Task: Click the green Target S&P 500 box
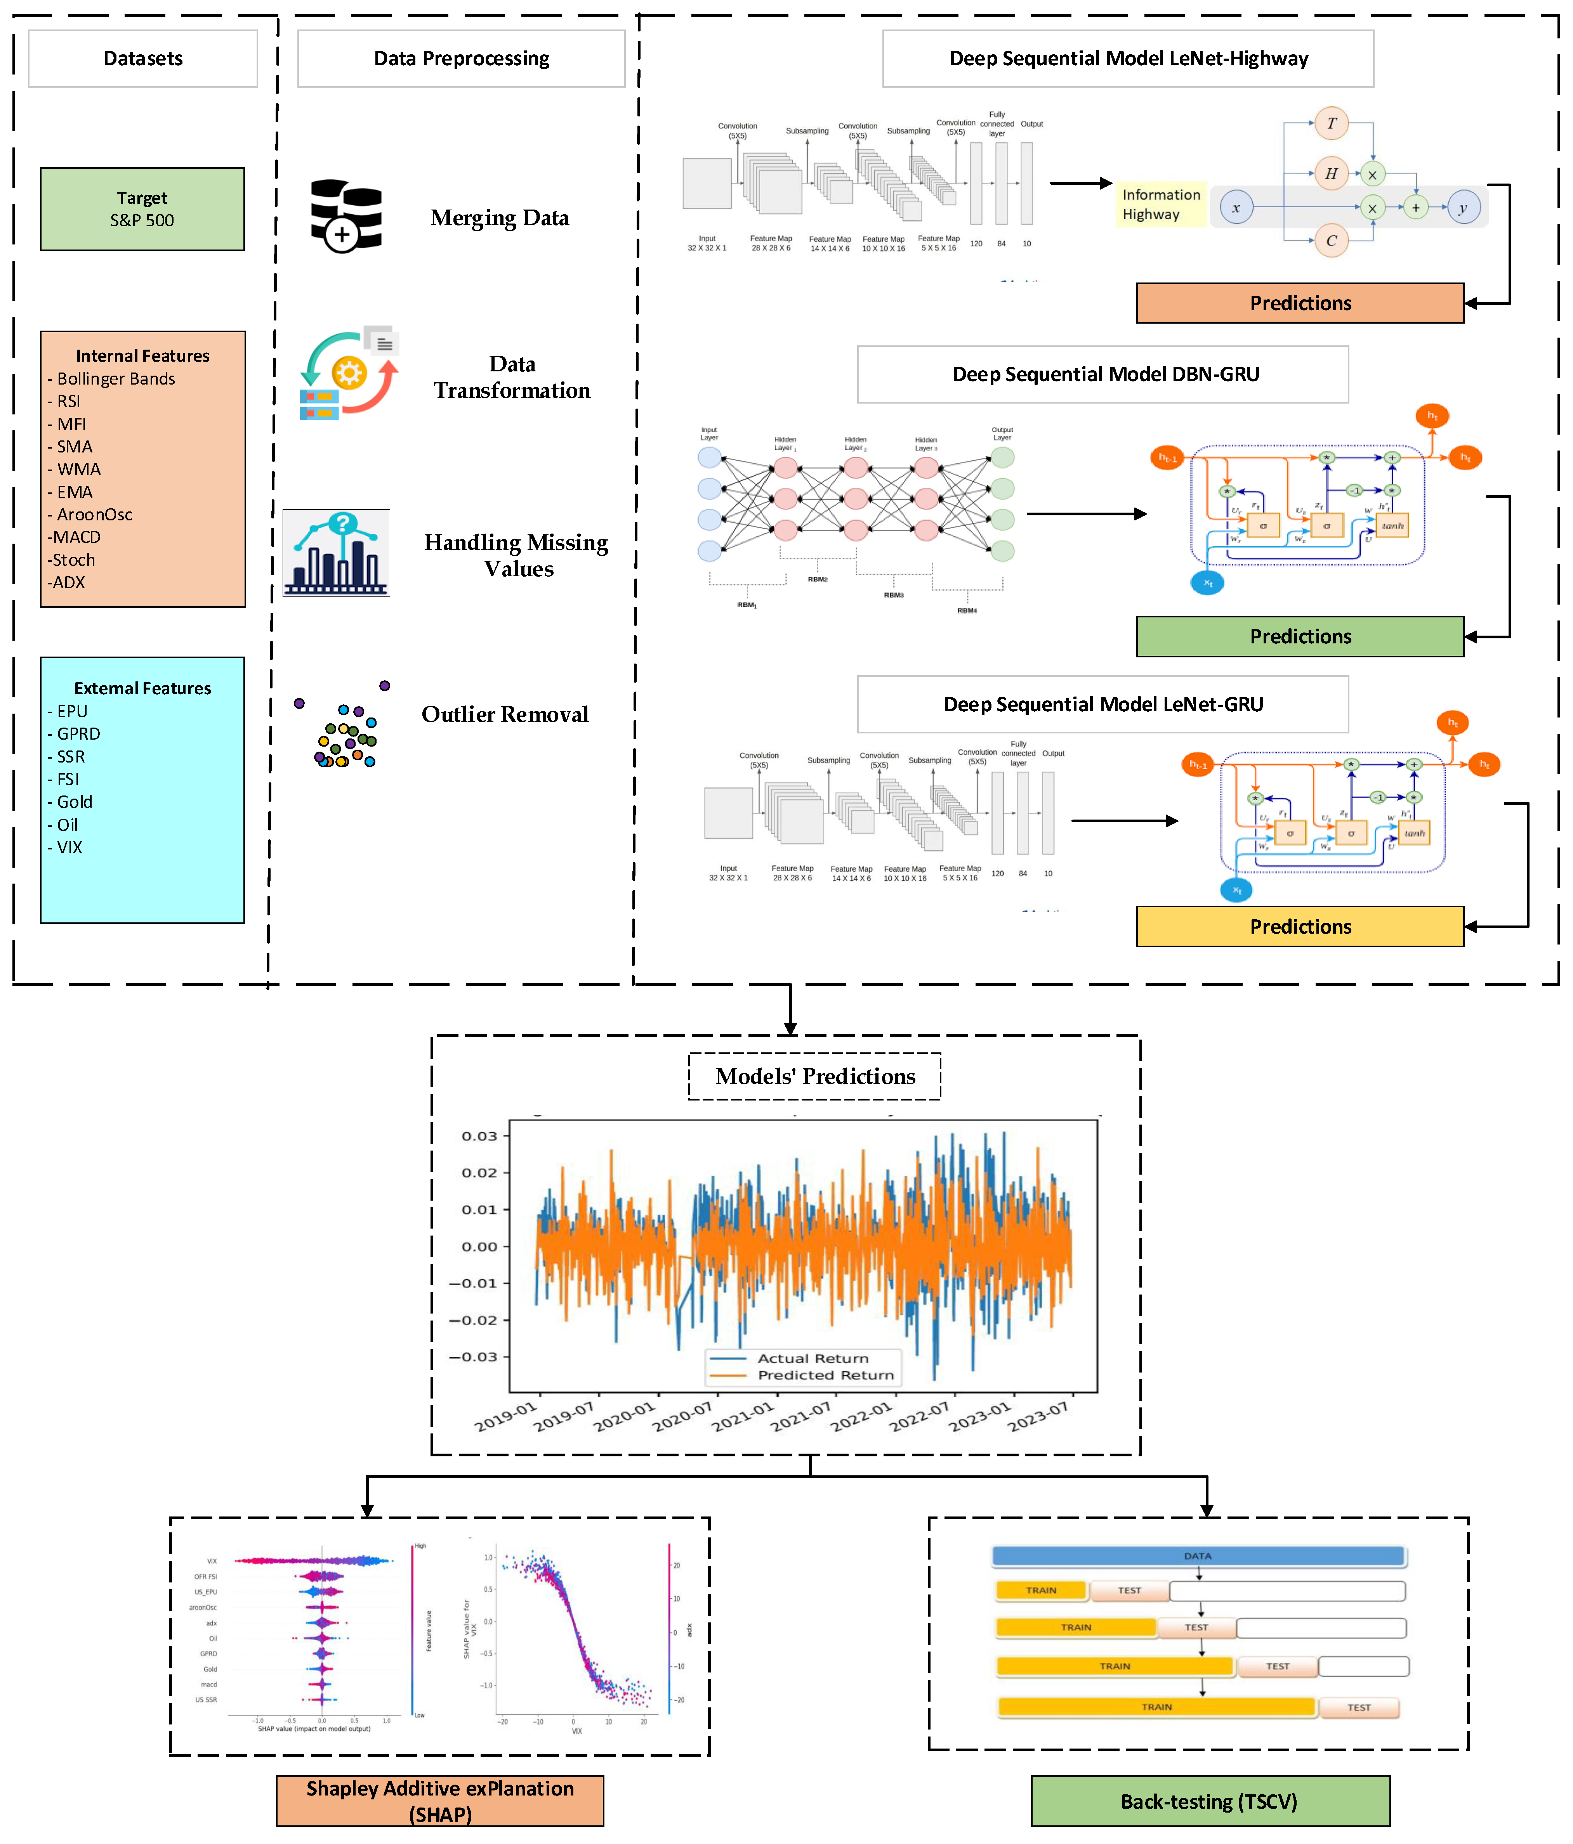142,209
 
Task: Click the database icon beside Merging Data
346,215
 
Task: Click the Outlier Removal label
505,715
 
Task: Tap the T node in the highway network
1331,124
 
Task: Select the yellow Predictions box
1300,926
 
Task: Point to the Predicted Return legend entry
824,1375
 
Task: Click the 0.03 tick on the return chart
479,1137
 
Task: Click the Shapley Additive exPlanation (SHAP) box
440,1801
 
